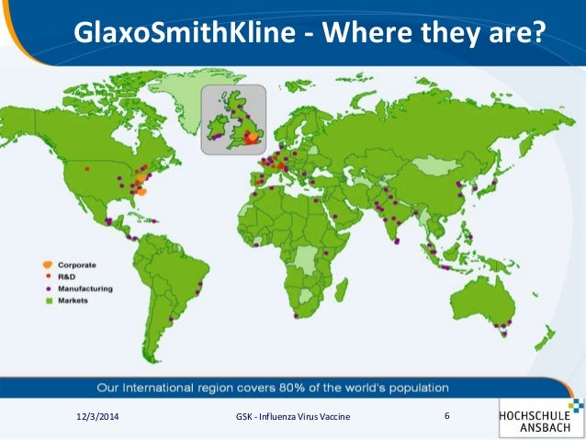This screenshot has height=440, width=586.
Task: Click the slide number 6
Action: click(446, 417)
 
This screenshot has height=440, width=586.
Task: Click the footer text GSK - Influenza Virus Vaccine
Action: click(293, 419)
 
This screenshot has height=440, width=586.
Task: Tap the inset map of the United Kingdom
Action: click(233, 119)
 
